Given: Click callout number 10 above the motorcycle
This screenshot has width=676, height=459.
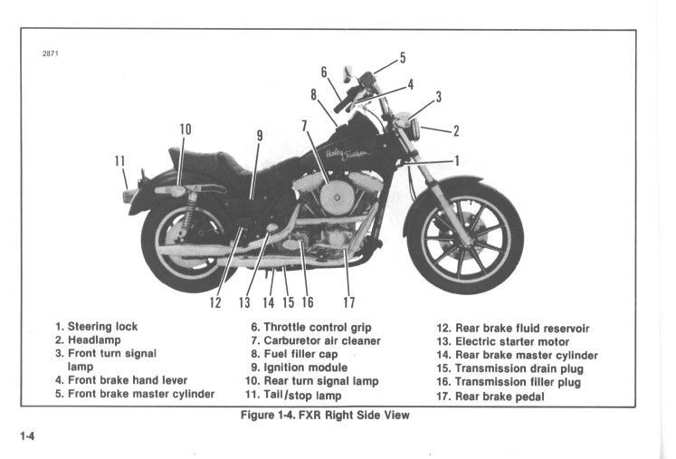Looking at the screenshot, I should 185,129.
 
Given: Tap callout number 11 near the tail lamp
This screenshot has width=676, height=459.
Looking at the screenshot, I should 119,161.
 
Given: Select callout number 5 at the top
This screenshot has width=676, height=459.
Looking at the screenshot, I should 402,58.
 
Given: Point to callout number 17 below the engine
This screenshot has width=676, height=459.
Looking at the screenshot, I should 349,302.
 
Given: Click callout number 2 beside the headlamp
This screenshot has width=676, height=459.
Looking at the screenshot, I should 456,130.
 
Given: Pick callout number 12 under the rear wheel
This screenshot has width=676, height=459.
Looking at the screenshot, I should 215,302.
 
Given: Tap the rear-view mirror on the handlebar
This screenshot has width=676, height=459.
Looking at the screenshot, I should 347,72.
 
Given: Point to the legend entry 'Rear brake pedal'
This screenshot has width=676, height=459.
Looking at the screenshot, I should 498,397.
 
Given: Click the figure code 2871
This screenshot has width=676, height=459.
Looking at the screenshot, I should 51,53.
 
